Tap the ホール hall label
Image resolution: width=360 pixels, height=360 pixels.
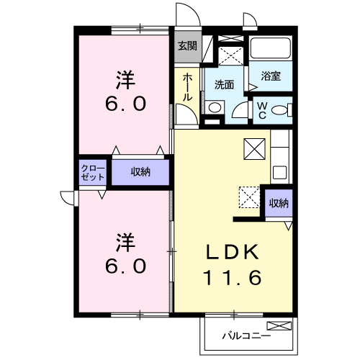pyautogui.click(x=187, y=86)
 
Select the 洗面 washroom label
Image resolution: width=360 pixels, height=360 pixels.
pyautogui.click(x=224, y=84)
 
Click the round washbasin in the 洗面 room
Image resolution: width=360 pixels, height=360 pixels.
pyautogui.click(x=214, y=107)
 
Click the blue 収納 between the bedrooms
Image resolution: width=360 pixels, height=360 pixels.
pyautogui.click(x=140, y=171)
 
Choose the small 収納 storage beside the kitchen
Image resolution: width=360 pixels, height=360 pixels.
pyautogui.click(x=278, y=203)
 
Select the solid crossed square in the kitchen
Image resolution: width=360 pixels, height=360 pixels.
pyautogui.click(x=256, y=148)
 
